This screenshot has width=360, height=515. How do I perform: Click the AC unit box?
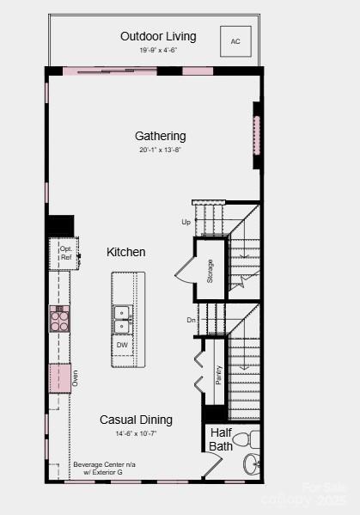235,40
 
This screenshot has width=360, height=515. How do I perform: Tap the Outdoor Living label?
158,36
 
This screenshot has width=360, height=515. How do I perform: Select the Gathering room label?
160,136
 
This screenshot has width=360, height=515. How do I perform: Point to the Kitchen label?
125,252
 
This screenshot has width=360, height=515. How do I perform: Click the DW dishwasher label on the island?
122,346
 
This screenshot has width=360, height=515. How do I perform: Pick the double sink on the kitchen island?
122,319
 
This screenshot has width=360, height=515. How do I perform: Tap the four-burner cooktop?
59,320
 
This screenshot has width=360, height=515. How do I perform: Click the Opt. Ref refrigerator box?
65,253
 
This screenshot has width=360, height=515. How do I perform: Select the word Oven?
75,377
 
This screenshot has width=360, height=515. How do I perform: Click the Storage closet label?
209,270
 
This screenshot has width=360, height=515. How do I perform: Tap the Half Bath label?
220,439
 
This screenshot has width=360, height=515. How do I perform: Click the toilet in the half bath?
244,440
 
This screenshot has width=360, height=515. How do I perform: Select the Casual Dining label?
136,420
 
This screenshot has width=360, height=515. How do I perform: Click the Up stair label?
186,222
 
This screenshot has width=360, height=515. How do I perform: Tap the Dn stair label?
191,320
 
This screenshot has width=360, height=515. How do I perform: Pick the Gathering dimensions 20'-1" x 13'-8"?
159,150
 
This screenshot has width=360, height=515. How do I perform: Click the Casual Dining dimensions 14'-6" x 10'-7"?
135,433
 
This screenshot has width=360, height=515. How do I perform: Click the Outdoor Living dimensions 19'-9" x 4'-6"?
158,51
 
